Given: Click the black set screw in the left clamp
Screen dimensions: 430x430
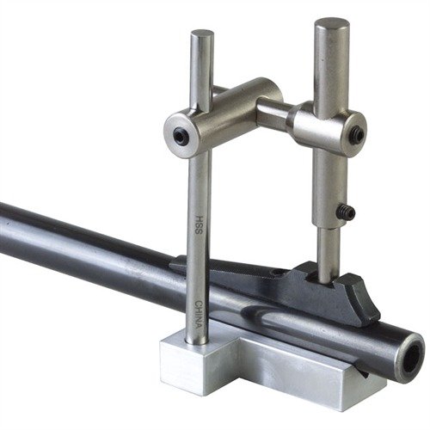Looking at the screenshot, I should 181,135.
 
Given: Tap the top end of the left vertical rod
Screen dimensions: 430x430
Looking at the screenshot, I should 203,37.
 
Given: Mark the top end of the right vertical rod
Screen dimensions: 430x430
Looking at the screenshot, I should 332,26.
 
